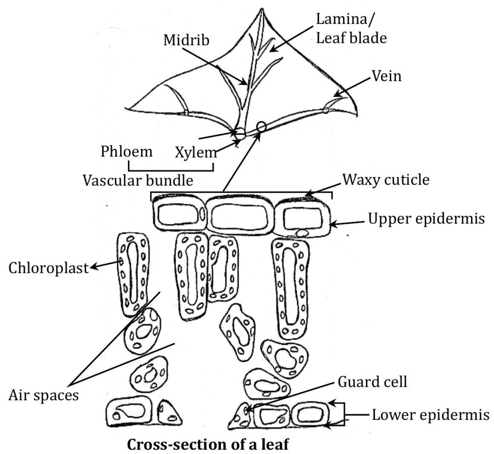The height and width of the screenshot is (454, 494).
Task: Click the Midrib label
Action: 186,40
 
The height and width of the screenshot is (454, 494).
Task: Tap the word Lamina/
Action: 346,19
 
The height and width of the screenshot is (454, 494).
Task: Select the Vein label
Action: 386,76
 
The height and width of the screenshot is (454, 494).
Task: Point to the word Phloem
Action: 126,151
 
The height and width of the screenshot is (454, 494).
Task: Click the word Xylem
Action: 196,153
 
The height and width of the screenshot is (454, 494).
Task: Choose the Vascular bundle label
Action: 138,180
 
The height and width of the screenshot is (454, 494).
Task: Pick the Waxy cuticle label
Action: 386,179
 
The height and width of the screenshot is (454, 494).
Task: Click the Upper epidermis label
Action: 426,219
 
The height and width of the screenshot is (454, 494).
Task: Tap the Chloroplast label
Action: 49,268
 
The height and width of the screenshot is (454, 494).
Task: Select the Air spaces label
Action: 43,395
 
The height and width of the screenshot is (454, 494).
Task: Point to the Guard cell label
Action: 372,382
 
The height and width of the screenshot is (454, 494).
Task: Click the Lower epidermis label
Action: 431,414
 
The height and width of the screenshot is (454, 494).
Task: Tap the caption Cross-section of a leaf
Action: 208,445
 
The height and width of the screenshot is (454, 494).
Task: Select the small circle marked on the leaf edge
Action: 261,126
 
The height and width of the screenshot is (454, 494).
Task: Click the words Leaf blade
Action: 351,38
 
